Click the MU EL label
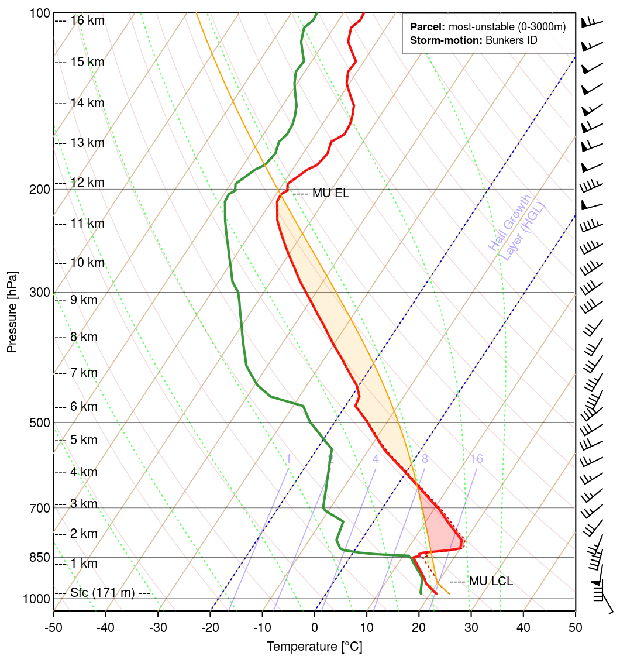[330, 194]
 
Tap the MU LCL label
[490, 582]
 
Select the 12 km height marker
[87, 183]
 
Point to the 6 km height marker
[84, 407]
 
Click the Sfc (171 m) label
[102, 593]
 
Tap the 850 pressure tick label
[39, 558]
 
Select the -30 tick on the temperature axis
[157, 628]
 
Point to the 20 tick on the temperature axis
[419, 628]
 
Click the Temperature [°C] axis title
[314, 647]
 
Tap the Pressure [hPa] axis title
[12, 311]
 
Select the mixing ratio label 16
[477, 459]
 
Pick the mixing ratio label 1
[288, 459]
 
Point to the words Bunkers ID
[511, 40]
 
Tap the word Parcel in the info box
[428, 28]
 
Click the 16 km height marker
[87, 20]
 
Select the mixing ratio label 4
[376, 459]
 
